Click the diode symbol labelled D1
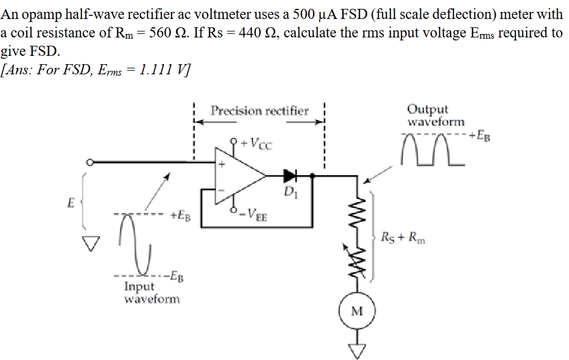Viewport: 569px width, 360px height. [290, 176]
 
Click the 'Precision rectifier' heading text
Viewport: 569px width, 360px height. [260, 111]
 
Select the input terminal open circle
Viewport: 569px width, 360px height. [89, 162]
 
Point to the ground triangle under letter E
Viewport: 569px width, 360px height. [90, 242]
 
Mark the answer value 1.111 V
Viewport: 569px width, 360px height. [160, 70]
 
